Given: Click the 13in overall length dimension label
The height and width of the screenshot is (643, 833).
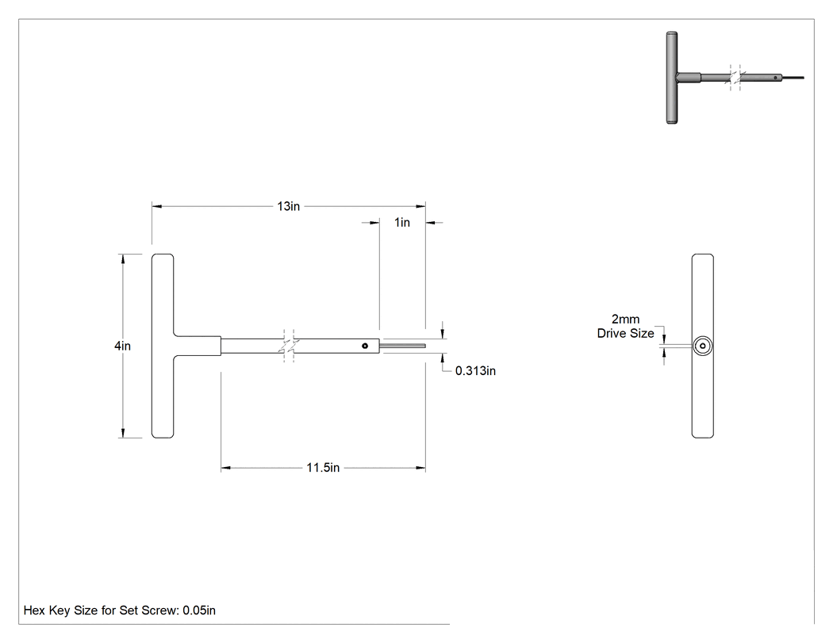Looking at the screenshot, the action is tap(289, 206).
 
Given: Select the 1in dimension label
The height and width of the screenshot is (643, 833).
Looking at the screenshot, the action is tap(402, 223).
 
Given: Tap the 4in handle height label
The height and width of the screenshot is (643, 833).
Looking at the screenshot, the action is tap(122, 346).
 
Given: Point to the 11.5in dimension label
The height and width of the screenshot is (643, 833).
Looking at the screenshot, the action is tap(323, 468).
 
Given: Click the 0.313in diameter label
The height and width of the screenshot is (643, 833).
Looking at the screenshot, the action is tap(475, 370).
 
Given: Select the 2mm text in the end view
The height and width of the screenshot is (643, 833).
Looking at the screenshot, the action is tap(625, 319).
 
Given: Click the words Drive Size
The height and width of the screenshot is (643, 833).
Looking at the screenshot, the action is tap(625, 334).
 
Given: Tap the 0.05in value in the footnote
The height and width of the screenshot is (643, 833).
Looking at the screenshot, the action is tap(199, 610).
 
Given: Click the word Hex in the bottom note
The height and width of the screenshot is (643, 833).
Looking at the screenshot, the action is tap(34, 610).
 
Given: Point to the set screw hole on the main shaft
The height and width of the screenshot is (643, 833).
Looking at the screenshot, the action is tap(365, 346).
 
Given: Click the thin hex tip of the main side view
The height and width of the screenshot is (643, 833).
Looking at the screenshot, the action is tap(403, 346).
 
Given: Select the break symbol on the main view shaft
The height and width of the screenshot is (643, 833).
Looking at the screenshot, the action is tap(289, 346).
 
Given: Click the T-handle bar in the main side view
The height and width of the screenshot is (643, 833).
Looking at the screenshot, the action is tap(163, 346).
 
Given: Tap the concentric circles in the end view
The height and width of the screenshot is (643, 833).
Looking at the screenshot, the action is tap(703, 346).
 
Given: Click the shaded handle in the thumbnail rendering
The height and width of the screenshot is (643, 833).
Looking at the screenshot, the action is tap(672, 78).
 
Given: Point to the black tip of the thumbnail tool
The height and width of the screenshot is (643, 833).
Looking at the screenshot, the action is tap(793, 78).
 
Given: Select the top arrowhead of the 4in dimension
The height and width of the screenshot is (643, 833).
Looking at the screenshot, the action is tap(123, 258).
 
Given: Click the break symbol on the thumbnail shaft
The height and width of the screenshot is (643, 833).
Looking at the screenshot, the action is tap(735, 78).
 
